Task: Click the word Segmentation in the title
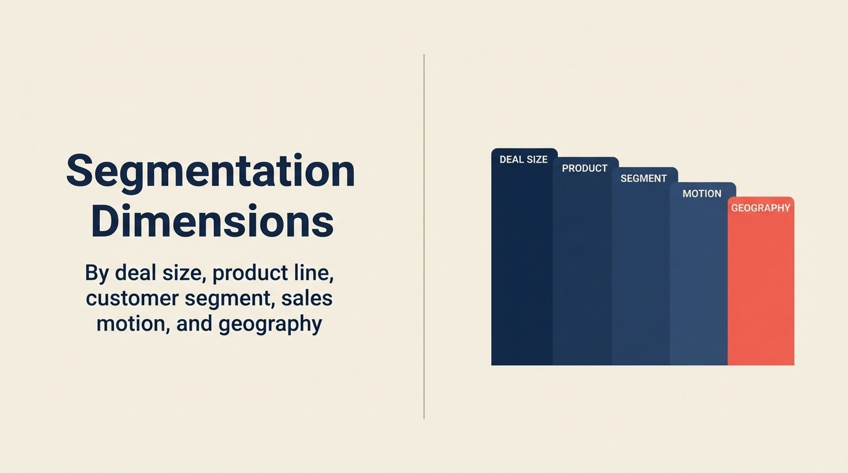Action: point(211,171)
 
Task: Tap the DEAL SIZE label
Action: point(523,160)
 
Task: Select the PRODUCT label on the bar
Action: point(585,168)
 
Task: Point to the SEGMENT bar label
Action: point(643,179)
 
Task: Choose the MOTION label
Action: point(701,193)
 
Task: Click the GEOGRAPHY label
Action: point(760,208)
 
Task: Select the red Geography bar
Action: point(760,289)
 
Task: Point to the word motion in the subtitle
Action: point(132,324)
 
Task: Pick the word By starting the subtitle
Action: point(97,272)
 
